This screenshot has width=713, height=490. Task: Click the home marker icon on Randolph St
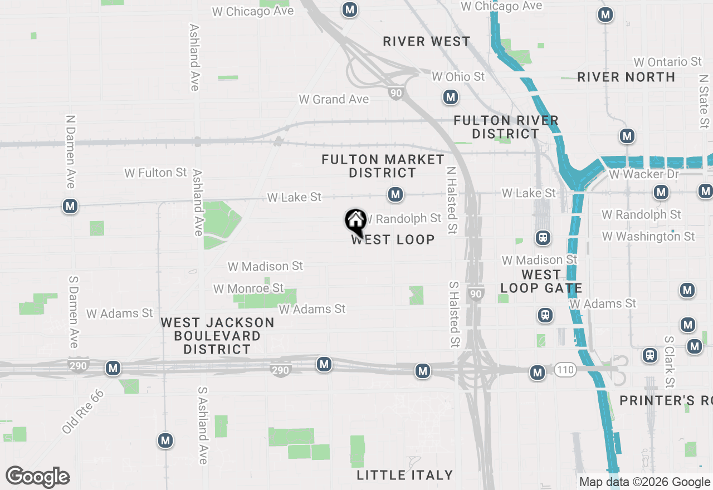(355, 221)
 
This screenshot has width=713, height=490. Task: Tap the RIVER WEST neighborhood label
(427, 42)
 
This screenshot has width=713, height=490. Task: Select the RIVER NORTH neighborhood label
(626, 77)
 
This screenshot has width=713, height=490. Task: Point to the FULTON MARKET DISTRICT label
(383, 166)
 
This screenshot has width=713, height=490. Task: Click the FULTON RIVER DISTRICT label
(506, 127)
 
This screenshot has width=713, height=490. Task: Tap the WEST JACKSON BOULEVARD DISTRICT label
(217, 336)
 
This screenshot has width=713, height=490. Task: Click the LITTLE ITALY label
(404, 475)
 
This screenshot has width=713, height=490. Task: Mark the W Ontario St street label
(668, 62)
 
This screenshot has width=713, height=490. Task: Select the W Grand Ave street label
(334, 99)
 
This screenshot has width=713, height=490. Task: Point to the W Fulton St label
(155, 173)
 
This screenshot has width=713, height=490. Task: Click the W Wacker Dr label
(644, 174)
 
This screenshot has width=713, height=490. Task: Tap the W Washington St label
(648, 237)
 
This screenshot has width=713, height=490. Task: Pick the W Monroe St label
(248, 288)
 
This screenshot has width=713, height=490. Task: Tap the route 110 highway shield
(565, 369)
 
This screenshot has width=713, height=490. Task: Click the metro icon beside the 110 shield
(538, 373)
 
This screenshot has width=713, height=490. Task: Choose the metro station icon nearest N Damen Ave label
(70, 206)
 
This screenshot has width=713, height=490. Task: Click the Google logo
(37, 477)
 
